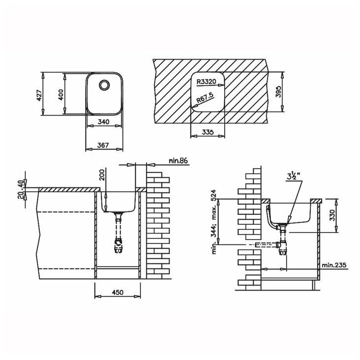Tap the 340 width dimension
coord(104,121)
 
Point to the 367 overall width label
coord(103,145)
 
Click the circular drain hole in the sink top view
coord(104,85)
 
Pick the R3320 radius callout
coord(207,82)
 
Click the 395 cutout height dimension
coord(278,91)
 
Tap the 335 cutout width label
coord(208,132)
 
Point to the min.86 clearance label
coord(178,160)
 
